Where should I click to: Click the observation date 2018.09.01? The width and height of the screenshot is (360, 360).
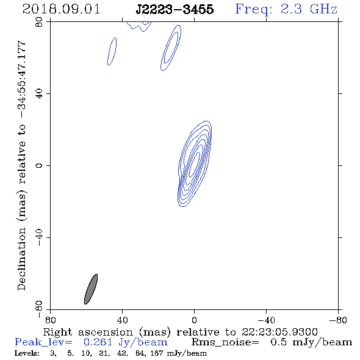point(61,9)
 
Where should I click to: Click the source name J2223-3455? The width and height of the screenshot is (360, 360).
point(175,9)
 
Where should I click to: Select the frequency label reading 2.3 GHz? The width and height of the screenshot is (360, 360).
point(309,9)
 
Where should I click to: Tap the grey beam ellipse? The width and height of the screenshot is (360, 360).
point(91,289)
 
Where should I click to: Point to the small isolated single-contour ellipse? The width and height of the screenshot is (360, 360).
point(112,51)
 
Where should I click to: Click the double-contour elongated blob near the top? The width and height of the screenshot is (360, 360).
point(171,48)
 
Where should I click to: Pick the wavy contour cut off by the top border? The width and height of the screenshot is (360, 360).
point(139,26)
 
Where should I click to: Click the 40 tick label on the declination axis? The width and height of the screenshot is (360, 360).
point(39,94)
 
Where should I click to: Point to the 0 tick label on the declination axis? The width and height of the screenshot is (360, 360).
point(39,165)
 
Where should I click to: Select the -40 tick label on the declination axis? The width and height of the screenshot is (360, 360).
point(39,237)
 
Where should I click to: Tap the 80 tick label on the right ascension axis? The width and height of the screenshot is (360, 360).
point(50,320)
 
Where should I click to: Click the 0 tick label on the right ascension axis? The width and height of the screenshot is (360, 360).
point(194,320)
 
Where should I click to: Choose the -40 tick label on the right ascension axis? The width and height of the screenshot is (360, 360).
point(266,320)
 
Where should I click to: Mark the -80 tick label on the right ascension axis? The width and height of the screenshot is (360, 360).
point(338,320)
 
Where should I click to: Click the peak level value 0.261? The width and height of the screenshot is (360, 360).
point(98,342)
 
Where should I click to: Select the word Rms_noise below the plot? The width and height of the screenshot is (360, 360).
point(225,342)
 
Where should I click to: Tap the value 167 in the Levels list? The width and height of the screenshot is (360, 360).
point(157,353)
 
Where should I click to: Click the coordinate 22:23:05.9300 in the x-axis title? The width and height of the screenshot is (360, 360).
point(279,332)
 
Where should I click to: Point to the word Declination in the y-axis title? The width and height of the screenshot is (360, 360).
point(21,259)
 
